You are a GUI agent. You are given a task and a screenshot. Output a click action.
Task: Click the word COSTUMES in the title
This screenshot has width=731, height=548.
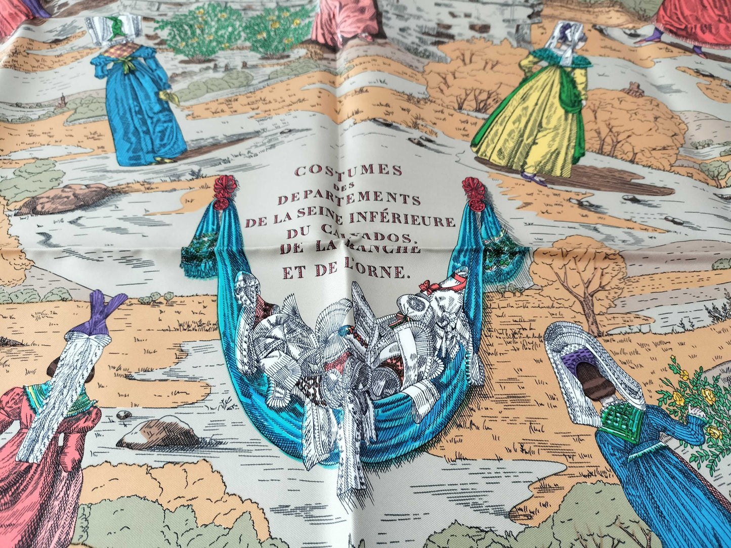[x=349, y=170]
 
